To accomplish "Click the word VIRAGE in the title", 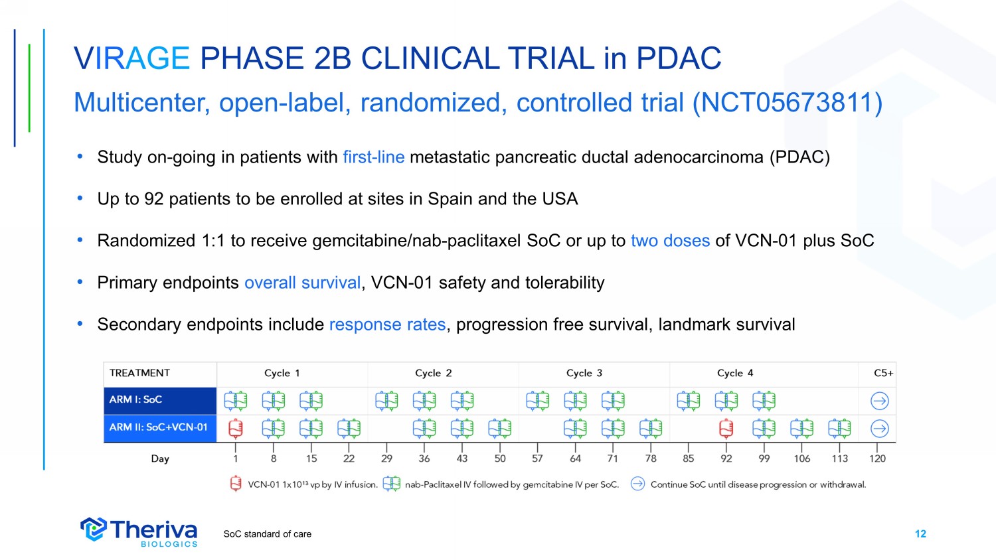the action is pyautogui.click(x=131, y=58).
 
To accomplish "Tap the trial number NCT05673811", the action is pyautogui.click(x=787, y=103).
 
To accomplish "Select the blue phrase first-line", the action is pyautogui.click(x=373, y=157).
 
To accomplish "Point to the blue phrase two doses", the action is pyautogui.click(x=670, y=241).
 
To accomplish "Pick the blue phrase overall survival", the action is pyautogui.click(x=302, y=283).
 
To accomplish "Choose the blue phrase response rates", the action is pyautogui.click(x=387, y=325).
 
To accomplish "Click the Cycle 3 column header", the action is pyautogui.click(x=584, y=374).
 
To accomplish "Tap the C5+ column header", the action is pyautogui.click(x=883, y=374).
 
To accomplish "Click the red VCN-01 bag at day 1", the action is pyautogui.click(x=235, y=429).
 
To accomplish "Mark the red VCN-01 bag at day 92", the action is pyautogui.click(x=726, y=429).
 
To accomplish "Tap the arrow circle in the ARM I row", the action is pyautogui.click(x=880, y=401).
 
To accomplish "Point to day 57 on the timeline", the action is pyautogui.click(x=537, y=458).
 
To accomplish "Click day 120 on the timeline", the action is pyautogui.click(x=877, y=458).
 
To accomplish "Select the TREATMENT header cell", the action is pyautogui.click(x=139, y=374).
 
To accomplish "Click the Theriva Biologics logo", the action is pyautogui.click(x=139, y=532).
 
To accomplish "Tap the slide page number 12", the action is pyautogui.click(x=920, y=534).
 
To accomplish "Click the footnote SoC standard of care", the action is pyautogui.click(x=267, y=534).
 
